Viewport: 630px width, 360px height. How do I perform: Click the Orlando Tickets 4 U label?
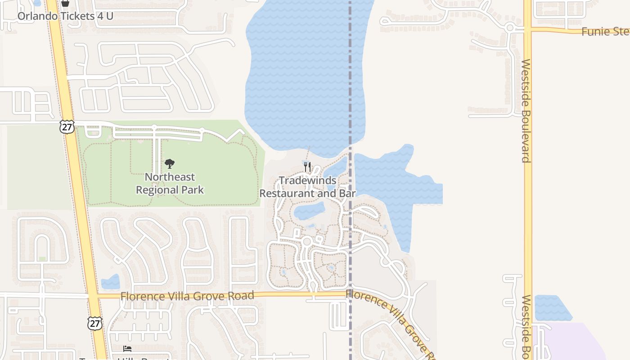tap(65, 16)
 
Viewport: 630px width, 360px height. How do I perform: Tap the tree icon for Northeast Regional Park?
tap(169, 164)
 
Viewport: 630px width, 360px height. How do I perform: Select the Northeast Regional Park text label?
tap(170, 184)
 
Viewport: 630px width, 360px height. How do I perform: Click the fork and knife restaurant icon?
tap(307, 167)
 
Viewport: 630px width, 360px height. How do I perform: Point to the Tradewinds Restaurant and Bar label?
tap(308, 187)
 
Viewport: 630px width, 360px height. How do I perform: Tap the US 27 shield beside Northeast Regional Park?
tap(67, 127)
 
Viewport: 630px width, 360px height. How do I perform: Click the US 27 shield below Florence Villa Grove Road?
tap(95, 323)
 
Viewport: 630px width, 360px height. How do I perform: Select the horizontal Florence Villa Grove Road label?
tap(187, 296)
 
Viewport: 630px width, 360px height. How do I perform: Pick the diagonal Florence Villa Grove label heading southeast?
tap(391, 324)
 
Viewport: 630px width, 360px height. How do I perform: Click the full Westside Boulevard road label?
tap(526, 111)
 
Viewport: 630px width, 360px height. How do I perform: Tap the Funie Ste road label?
tap(605, 31)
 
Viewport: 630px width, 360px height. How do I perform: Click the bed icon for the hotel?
tap(127, 349)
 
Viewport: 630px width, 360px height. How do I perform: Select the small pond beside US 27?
tap(111, 282)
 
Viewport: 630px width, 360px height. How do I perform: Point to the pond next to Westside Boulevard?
tap(552, 308)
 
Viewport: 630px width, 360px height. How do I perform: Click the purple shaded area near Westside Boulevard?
tap(580, 342)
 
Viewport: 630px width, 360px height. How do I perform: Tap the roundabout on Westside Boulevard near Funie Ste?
tap(510, 28)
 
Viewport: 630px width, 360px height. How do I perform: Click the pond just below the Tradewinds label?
tap(310, 210)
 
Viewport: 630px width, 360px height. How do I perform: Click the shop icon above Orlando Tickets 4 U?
tap(65, 4)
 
